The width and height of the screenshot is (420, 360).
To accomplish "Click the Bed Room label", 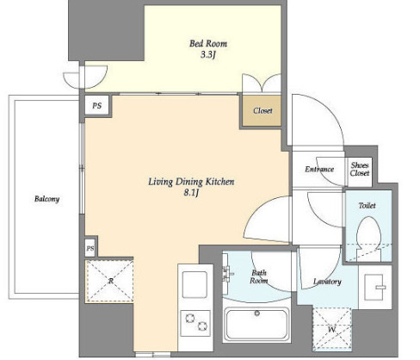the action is pyautogui.click(x=208, y=44).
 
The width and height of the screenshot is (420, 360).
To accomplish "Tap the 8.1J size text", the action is pyautogui.click(x=191, y=193).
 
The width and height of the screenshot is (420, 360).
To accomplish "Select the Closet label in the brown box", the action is pyautogui.click(x=262, y=110).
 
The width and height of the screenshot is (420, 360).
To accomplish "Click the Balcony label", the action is pyautogui.click(x=46, y=199).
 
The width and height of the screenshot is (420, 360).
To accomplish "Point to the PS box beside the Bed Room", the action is pyautogui.click(x=97, y=106).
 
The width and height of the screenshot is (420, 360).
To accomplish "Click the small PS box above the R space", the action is pyautogui.click(x=90, y=248).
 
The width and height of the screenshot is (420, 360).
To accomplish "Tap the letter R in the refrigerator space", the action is pyautogui.click(x=111, y=281).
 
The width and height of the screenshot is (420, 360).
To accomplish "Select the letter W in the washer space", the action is pyautogui.click(x=331, y=329).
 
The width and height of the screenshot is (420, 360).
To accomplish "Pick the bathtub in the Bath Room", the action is pyautogui.click(x=256, y=325).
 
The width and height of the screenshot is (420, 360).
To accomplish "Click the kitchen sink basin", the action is pyautogui.click(x=195, y=284).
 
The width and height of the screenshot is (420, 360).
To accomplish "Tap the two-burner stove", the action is pyautogui.click(x=195, y=323).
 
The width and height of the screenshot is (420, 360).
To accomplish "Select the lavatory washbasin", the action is pyautogui.click(x=375, y=287).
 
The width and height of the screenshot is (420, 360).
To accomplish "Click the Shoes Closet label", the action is pyautogui.click(x=360, y=169).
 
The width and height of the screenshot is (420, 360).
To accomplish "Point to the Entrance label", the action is pyautogui.click(x=319, y=169).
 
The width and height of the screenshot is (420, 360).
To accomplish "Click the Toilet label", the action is pyautogui.click(x=367, y=205).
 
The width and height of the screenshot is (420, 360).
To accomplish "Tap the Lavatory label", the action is pyautogui.click(x=327, y=282).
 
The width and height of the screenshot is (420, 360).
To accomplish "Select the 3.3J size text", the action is pyautogui.click(x=207, y=55).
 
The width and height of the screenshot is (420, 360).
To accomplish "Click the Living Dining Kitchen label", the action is pyautogui.click(x=191, y=182).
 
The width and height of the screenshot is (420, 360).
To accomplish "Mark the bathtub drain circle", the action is pyautogui.click(x=257, y=313).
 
